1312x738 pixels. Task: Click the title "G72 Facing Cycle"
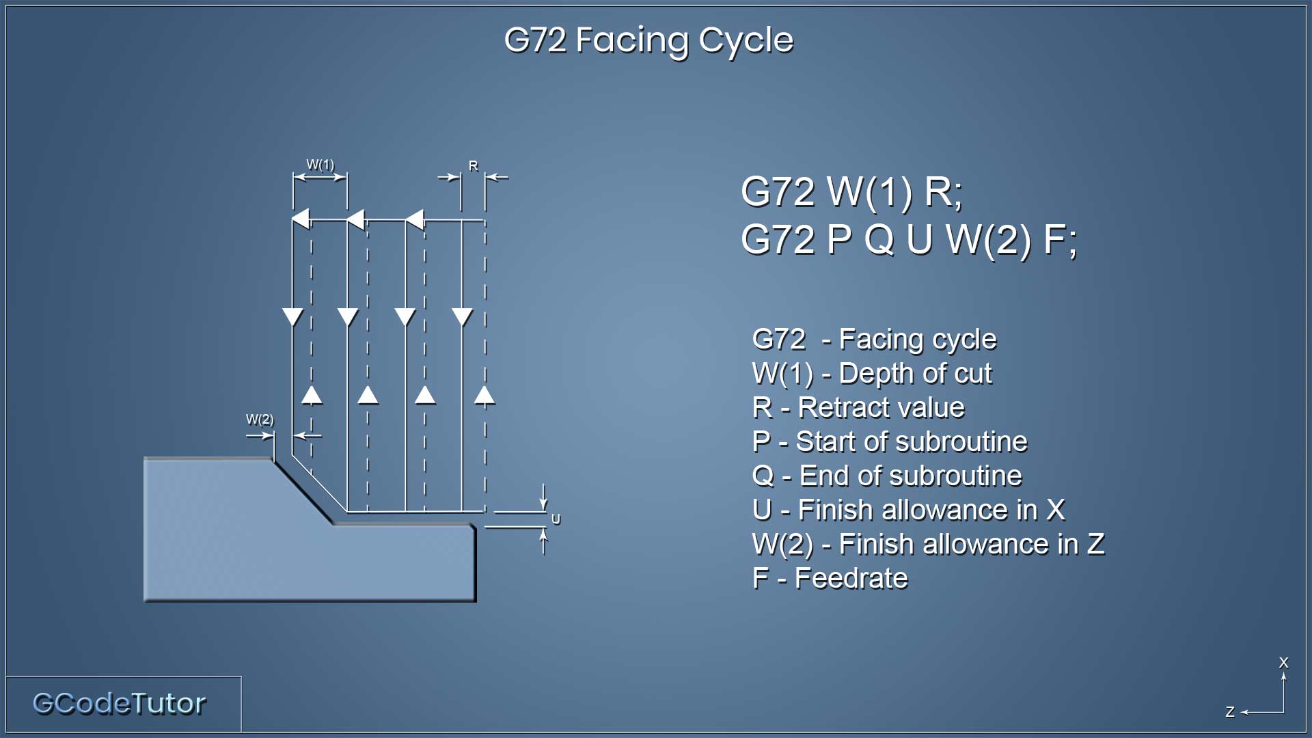pyautogui.click(x=648, y=40)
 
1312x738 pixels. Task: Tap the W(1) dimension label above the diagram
pyautogui.click(x=320, y=165)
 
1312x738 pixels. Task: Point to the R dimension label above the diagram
pyautogui.click(x=473, y=165)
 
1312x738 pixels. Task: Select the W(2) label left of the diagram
pyautogui.click(x=260, y=419)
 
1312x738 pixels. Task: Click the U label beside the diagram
pyautogui.click(x=556, y=519)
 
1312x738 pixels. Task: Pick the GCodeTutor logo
pyautogui.click(x=119, y=703)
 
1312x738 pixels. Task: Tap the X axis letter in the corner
pyautogui.click(x=1283, y=662)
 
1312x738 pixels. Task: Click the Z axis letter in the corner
pyautogui.click(x=1230, y=712)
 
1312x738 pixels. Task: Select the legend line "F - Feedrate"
pyautogui.click(x=830, y=578)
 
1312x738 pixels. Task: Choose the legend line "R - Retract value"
pyautogui.click(x=858, y=407)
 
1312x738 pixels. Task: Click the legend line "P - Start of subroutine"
pyautogui.click(x=889, y=441)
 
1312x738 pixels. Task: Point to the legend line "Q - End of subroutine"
pyautogui.click(x=887, y=476)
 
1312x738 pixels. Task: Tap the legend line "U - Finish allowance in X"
pyautogui.click(x=908, y=510)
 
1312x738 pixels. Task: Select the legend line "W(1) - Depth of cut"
pyautogui.click(x=872, y=374)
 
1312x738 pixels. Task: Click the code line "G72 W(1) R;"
pyautogui.click(x=851, y=192)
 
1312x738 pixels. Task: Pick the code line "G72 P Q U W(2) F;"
pyautogui.click(x=909, y=240)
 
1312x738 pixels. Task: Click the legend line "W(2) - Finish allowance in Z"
pyautogui.click(x=928, y=545)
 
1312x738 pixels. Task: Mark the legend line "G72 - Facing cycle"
pyautogui.click(x=874, y=340)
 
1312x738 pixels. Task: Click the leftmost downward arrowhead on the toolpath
pyautogui.click(x=292, y=317)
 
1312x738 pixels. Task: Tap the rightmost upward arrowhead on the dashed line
pyautogui.click(x=484, y=395)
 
